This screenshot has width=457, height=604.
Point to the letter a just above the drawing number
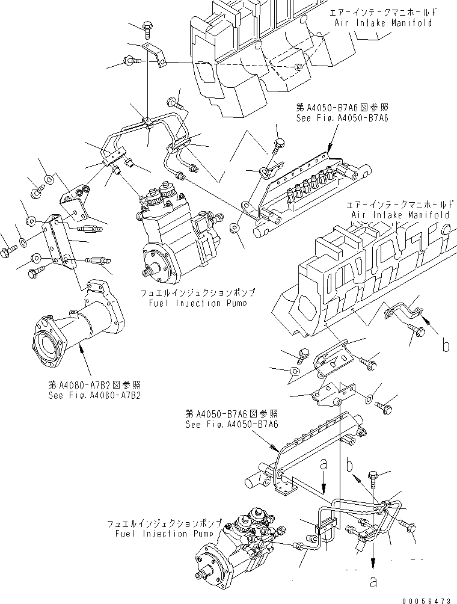click(x=374, y=582)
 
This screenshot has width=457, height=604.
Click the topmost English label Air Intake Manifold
click(x=382, y=22)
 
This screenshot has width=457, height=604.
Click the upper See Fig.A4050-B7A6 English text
click(x=342, y=119)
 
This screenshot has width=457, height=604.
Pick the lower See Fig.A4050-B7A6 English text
click(x=232, y=424)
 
